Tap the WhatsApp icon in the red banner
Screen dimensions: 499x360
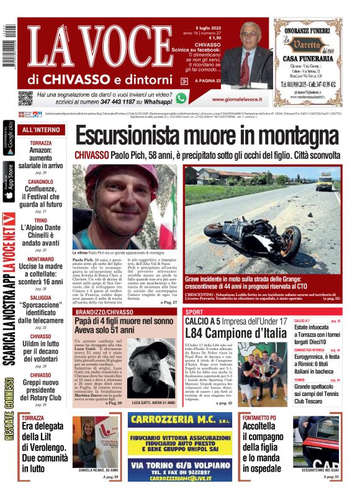pyautogui.click(x=181, y=98)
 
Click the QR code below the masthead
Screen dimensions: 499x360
pyautogui.click(x=25, y=97)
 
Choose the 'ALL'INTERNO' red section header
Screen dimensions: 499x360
pyautogui.click(x=41, y=130)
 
